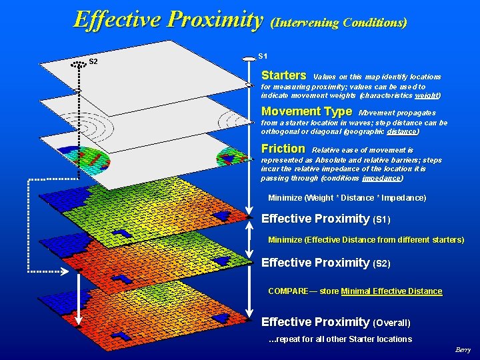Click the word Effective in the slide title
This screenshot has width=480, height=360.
(118, 19)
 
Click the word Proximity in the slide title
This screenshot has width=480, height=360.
(215, 19)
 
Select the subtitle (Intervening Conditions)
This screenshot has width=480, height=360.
(339, 23)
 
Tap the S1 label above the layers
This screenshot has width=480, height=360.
(263, 55)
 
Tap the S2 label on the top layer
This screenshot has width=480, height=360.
(93, 62)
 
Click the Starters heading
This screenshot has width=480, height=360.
(283, 75)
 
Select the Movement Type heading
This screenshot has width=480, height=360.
(306, 111)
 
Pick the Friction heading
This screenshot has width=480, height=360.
(283, 148)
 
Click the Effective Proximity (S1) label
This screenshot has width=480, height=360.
(325, 219)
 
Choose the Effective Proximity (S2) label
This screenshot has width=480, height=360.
(325, 263)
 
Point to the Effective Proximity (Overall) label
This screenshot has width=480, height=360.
(335, 322)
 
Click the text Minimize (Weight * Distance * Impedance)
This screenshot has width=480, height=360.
(347, 198)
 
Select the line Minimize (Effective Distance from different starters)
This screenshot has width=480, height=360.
(366, 240)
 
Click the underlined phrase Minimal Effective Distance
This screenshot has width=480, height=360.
(391, 291)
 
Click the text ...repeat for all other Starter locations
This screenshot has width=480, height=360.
(339, 339)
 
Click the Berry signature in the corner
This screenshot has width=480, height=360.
(463, 350)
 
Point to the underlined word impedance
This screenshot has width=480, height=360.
(382, 178)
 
